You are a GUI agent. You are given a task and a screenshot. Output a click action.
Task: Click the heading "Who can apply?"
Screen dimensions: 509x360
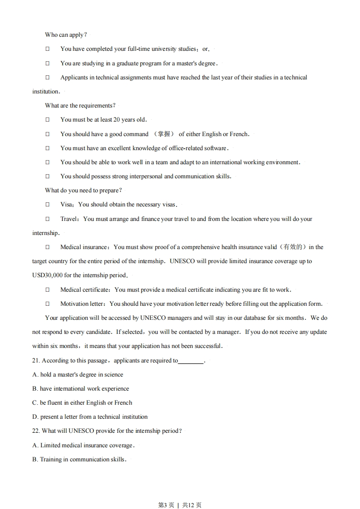point(66,35)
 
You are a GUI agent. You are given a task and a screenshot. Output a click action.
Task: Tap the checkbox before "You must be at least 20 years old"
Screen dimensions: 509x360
point(47,120)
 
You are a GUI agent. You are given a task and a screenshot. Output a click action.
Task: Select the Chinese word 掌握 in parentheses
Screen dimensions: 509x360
point(164,134)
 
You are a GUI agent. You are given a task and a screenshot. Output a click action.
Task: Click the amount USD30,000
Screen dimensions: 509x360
point(47,275)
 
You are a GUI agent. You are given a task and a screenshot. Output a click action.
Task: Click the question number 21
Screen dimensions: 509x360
point(36,361)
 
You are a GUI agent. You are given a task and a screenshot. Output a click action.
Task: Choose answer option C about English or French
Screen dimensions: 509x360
point(82,403)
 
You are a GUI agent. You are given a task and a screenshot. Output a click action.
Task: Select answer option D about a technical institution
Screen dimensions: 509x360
point(90,417)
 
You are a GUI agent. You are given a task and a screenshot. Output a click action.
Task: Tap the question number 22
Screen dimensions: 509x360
point(36,431)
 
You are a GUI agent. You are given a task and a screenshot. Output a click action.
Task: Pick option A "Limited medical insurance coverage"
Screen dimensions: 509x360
point(83,445)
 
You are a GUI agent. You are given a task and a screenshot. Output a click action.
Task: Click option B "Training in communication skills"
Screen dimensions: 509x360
point(79,460)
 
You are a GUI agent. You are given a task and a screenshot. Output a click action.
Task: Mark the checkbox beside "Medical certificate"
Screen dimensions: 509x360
point(47,290)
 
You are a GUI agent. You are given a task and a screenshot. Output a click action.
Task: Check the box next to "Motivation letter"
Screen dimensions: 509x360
point(47,304)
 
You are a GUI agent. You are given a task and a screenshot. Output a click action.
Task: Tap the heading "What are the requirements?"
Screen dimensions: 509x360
point(80,106)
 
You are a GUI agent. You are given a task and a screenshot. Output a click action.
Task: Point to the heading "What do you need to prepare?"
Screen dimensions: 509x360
point(83,191)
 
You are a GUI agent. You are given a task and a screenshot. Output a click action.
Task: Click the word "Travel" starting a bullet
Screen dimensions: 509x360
point(69,219)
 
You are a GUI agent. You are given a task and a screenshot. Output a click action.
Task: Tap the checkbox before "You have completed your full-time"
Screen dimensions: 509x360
point(47,49)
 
